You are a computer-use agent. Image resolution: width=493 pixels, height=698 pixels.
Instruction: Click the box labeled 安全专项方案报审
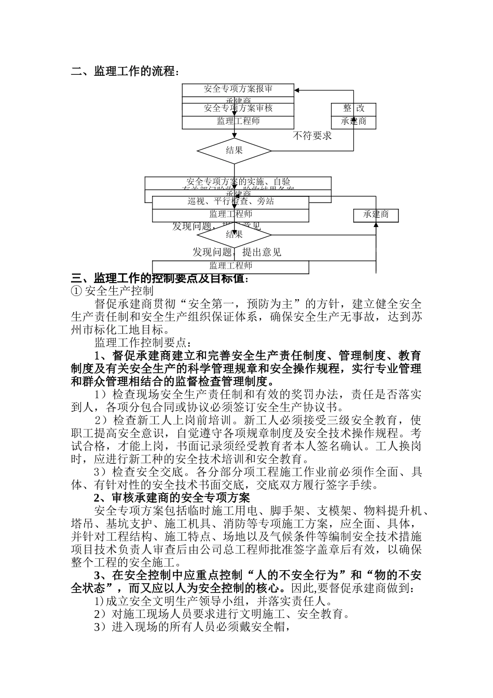tap(238, 89)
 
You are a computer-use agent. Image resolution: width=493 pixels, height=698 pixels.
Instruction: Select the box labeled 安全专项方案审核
tap(238, 109)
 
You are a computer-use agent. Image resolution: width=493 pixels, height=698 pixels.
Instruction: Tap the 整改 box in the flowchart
tap(353, 108)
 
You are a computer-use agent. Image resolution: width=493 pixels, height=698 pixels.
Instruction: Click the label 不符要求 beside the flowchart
tap(312, 136)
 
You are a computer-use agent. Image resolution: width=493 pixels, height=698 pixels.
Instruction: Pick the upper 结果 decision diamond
tap(235, 151)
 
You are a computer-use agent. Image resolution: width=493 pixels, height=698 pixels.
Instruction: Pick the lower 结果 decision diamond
tap(235, 234)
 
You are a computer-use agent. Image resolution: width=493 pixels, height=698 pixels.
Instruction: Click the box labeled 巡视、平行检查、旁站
tap(231, 202)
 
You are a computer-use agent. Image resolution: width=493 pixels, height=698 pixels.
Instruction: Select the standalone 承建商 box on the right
tap(376, 214)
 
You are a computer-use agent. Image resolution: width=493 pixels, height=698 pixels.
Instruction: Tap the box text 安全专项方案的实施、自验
tap(238, 182)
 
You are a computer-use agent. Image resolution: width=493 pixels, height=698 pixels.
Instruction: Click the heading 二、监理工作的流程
tap(125, 71)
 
